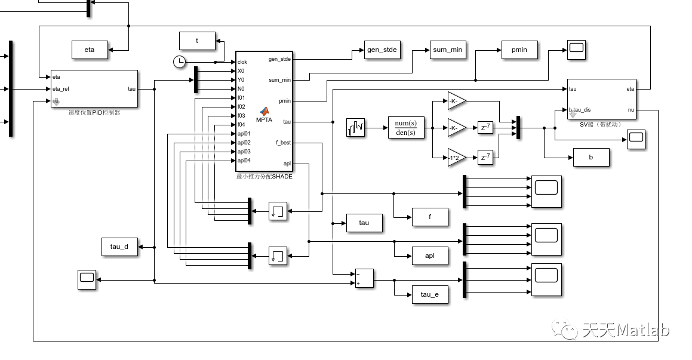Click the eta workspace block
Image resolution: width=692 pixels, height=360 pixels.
90,50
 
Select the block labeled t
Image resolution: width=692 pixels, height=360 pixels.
197,41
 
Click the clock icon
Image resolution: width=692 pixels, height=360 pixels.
179,61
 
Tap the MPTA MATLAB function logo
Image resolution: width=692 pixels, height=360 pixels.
264,111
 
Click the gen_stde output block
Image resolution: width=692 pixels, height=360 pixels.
382,50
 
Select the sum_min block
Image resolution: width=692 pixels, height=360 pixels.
448,50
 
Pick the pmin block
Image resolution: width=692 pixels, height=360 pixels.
519,50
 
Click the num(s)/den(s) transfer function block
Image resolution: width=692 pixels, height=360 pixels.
406,128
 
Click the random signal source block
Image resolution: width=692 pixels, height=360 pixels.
355,128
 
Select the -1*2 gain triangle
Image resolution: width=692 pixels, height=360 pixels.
456,158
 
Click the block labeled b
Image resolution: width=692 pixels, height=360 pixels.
591,158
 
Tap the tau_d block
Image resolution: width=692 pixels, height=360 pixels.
119,247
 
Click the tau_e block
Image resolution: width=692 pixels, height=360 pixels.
430,295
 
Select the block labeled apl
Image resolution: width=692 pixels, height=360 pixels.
430,256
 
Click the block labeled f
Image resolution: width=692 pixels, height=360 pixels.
430,217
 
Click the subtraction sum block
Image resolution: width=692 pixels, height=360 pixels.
364,278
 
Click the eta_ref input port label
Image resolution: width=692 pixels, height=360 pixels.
61,89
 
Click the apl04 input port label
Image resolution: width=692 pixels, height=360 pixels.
244,161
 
